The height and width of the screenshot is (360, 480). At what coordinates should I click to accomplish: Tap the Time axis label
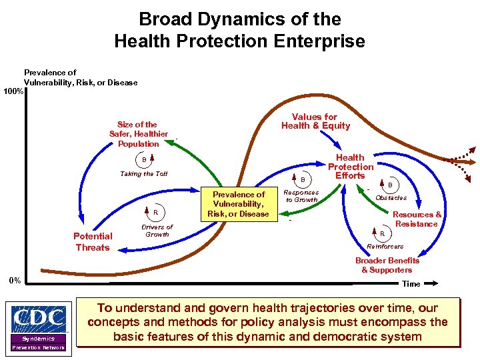click(411, 284)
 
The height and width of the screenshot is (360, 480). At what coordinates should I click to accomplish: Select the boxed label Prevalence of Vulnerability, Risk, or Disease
click(238, 204)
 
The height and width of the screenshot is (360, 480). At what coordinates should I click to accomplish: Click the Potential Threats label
click(93, 242)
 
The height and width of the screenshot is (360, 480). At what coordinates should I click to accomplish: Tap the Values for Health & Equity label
click(315, 121)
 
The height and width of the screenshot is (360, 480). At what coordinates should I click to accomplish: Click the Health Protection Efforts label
click(350, 167)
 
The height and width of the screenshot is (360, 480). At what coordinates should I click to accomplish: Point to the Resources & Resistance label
click(417, 219)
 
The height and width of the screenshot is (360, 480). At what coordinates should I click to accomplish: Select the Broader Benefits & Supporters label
click(387, 265)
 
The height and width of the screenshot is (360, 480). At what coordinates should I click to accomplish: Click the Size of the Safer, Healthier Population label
click(138, 134)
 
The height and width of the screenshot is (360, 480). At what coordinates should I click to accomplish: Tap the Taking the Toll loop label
click(144, 174)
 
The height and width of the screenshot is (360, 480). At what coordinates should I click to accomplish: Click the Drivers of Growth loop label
click(157, 231)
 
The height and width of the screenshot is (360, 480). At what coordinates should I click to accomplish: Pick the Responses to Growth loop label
click(301, 196)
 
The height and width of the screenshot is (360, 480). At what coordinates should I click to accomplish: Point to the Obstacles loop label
click(391, 198)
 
